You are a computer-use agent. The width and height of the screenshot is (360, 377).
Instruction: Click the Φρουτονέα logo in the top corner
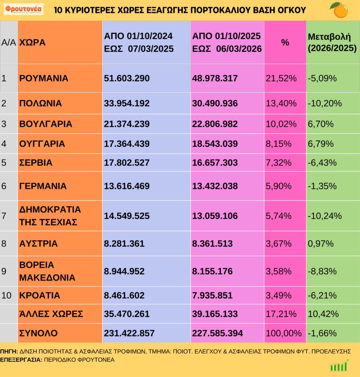pos(24,9)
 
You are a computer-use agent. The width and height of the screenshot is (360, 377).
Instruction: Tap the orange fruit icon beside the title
pos(340,10)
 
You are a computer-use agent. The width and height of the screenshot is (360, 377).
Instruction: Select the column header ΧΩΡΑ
pos(32,42)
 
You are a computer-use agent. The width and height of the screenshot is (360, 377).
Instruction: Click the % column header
pos(285,42)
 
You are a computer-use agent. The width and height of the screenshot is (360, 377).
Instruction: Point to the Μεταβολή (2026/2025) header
pos(332,42)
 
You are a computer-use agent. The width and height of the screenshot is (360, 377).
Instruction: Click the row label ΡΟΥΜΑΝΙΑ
pos(43,78)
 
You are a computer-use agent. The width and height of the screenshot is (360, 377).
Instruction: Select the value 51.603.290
pos(127,78)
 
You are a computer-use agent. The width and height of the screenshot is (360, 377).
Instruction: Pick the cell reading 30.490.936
pos(215,103)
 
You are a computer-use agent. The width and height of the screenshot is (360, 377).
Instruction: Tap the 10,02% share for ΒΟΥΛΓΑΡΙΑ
pos(281,124)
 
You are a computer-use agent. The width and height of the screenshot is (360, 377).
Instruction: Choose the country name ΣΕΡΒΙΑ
pos(36,163)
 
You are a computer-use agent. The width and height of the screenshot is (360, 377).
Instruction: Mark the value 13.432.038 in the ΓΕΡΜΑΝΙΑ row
pos(215,186)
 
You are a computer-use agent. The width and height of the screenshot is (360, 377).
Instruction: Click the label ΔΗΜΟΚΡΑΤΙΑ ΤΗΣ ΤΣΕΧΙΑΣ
pos(50,216)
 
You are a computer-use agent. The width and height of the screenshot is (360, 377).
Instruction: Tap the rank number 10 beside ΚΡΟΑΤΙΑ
pos(7,295)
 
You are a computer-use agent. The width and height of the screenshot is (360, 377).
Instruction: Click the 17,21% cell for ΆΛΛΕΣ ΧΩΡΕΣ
pos(281,314)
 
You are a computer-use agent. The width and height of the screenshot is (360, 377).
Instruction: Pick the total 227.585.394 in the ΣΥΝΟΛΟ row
pos(217,333)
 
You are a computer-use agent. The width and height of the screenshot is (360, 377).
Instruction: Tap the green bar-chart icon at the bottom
pos(339,366)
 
